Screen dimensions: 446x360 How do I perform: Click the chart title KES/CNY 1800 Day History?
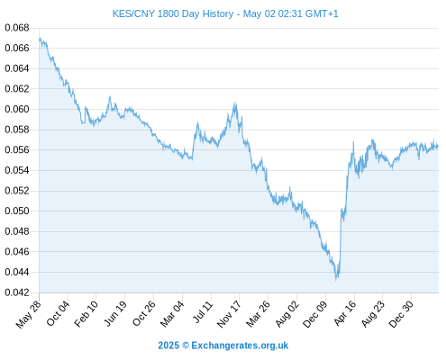[173, 13]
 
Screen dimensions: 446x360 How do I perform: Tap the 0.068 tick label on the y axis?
[17, 28]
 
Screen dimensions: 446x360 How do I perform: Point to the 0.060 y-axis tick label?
[17, 109]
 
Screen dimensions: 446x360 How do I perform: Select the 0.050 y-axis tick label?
[17, 211]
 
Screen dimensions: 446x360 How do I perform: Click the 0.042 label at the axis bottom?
[17, 292]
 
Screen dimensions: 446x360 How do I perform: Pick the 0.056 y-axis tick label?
[17, 149]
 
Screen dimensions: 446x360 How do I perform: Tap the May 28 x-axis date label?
[29, 315]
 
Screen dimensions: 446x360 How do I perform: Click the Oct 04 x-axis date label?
[58, 313]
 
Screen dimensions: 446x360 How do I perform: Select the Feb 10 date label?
[86, 314]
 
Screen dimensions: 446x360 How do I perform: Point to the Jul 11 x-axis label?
[203, 312]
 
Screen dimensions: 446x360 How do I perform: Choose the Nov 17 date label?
[229, 314]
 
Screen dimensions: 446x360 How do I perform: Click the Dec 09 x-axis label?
[315, 314]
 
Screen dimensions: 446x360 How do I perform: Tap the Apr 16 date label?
[345, 313]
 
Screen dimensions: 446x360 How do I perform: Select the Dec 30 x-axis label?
[401, 314]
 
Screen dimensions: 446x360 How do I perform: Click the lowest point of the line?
[336, 280]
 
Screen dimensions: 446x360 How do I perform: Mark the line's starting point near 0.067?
[40, 39]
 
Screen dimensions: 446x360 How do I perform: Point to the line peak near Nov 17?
[234, 103]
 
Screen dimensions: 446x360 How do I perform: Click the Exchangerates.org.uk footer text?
[240, 346]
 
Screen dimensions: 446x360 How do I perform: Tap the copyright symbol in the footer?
[186, 346]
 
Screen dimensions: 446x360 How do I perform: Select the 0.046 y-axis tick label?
[17, 251]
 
